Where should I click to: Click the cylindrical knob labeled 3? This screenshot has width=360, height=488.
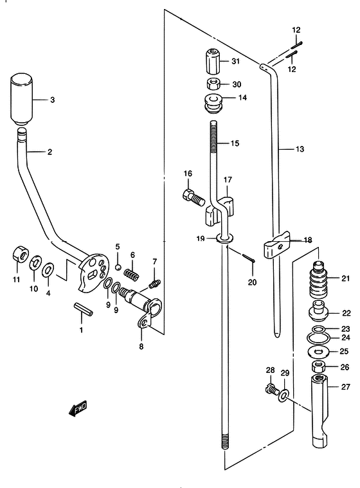click(x=22, y=99)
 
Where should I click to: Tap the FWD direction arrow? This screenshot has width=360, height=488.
click(x=78, y=408)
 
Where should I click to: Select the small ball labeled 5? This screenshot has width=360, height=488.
click(x=118, y=267)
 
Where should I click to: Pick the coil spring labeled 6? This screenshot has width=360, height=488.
click(x=132, y=273)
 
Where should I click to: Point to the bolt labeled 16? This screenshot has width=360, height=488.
click(x=193, y=197)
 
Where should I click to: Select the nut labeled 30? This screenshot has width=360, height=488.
click(x=214, y=84)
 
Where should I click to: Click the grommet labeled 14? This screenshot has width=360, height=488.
click(x=213, y=104)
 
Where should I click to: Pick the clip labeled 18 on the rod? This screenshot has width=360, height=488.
click(x=276, y=246)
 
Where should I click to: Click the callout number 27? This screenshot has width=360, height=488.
click(x=346, y=387)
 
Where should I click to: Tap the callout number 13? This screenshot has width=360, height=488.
click(x=300, y=149)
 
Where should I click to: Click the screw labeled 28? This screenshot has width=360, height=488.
click(x=271, y=390)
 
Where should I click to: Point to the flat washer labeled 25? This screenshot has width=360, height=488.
click(x=319, y=352)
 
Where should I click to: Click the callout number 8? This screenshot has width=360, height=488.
click(x=141, y=347)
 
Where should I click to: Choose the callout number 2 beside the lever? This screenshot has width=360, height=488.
click(x=50, y=152)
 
